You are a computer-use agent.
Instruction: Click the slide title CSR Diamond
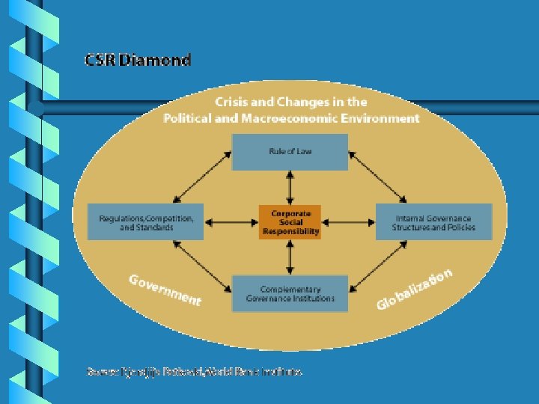click(x=138, y=60)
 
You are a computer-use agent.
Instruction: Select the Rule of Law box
click(x=290, y=152)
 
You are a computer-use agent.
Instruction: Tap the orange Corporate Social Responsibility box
click(x=290, y=221)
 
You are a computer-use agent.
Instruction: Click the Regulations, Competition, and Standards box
click(x=145, y=221)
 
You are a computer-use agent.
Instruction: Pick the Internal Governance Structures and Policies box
click(x=433, y=221)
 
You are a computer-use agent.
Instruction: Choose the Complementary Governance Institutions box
click(x=290, y=293)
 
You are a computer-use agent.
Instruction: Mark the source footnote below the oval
click(x=195, y=370)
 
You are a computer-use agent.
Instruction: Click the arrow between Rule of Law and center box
click(x=290, y=187)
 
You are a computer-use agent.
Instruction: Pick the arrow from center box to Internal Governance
click(x=347, y=221)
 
